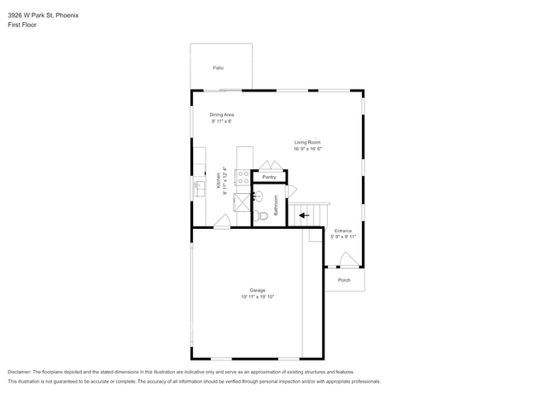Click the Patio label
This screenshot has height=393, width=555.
coord(219,67)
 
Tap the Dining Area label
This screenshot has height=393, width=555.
coord(222,114)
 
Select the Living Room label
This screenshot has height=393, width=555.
coord(307,143)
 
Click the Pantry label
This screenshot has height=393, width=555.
coord(269,177)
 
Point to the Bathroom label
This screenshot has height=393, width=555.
coord(276,205)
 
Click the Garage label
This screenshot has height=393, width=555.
coord(257,290)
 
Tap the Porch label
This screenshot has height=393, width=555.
coord(344,279)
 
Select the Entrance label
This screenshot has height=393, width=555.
coord(342,231)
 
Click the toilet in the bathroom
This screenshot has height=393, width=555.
coord(262,216)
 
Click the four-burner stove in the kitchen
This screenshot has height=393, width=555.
coord(242,177)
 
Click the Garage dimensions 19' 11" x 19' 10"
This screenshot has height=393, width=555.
coord(257,296)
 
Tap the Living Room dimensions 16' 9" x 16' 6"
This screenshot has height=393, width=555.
coord(307,149)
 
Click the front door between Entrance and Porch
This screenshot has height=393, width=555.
coord(348,260)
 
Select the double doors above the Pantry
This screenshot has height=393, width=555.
coord(268,165)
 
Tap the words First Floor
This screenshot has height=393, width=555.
coord(22,25)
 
